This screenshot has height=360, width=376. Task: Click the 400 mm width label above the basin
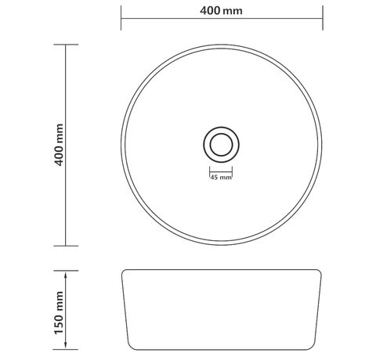pos(221,11)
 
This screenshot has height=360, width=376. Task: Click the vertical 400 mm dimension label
pos(59,145)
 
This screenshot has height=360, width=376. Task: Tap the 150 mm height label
pos(59,313)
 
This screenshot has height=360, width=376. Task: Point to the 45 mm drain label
pos(221,178)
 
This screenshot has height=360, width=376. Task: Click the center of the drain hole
pos(221,145)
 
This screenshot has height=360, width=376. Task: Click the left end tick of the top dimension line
pos(121,18)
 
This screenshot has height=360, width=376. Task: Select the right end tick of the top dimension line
pos(323,18)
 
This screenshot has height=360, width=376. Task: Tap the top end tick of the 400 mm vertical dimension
pos(66,45)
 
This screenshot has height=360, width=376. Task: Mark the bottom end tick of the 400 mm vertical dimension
pos(66,246)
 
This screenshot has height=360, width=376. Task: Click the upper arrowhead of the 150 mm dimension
pos(65,274)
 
